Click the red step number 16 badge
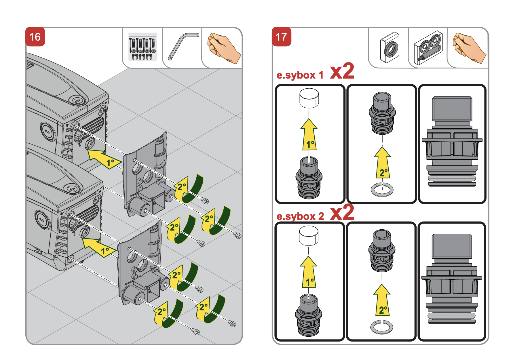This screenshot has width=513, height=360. (35, 37)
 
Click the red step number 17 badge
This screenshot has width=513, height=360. (281, 37)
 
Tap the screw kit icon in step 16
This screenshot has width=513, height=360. (142, 47)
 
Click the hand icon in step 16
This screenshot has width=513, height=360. (223, 48)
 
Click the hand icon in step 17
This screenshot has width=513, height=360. (468, 48)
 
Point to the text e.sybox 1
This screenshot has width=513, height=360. (300, 75)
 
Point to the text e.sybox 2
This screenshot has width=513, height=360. (300, 216)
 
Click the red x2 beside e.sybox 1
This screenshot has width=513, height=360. (342, 71)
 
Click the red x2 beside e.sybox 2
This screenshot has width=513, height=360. (342, 212)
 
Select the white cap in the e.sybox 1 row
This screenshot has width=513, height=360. (309, 98)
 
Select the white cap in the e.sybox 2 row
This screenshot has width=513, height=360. (309, 235)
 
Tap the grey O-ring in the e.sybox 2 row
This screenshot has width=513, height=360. (382, 327)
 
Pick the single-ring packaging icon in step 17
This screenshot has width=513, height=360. (390, 48)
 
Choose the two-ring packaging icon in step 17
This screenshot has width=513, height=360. (428, 48)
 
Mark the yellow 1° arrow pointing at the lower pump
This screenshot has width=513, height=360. (98, 247)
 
